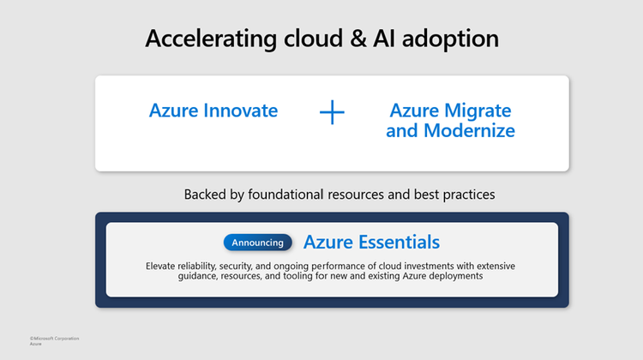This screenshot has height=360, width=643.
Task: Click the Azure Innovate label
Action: [213, 111]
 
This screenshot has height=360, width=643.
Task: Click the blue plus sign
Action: [332, 111]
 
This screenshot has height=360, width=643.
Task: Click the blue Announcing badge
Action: [257, 243]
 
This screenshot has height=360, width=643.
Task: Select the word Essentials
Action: [399, 242]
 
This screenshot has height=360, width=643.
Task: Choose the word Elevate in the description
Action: [163, 266]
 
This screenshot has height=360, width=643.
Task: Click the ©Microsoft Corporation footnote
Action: [55, 339]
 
